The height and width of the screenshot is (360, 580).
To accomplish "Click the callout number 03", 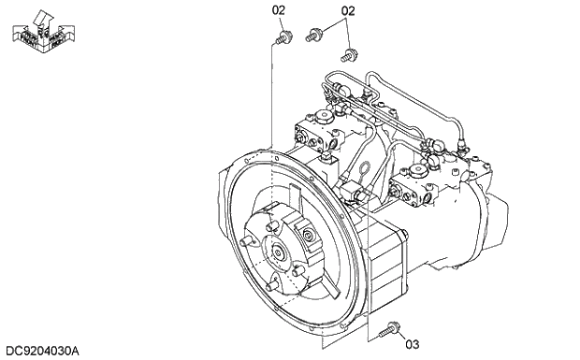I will [x=413, y=343].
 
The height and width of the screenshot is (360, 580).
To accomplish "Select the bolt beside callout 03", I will [x=389, y=328].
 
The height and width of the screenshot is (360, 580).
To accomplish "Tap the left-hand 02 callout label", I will [x=279, y=10].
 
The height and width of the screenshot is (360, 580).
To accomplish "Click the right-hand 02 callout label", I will [x=348, y=11].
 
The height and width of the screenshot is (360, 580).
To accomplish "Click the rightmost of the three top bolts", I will [x=349, y=53].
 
